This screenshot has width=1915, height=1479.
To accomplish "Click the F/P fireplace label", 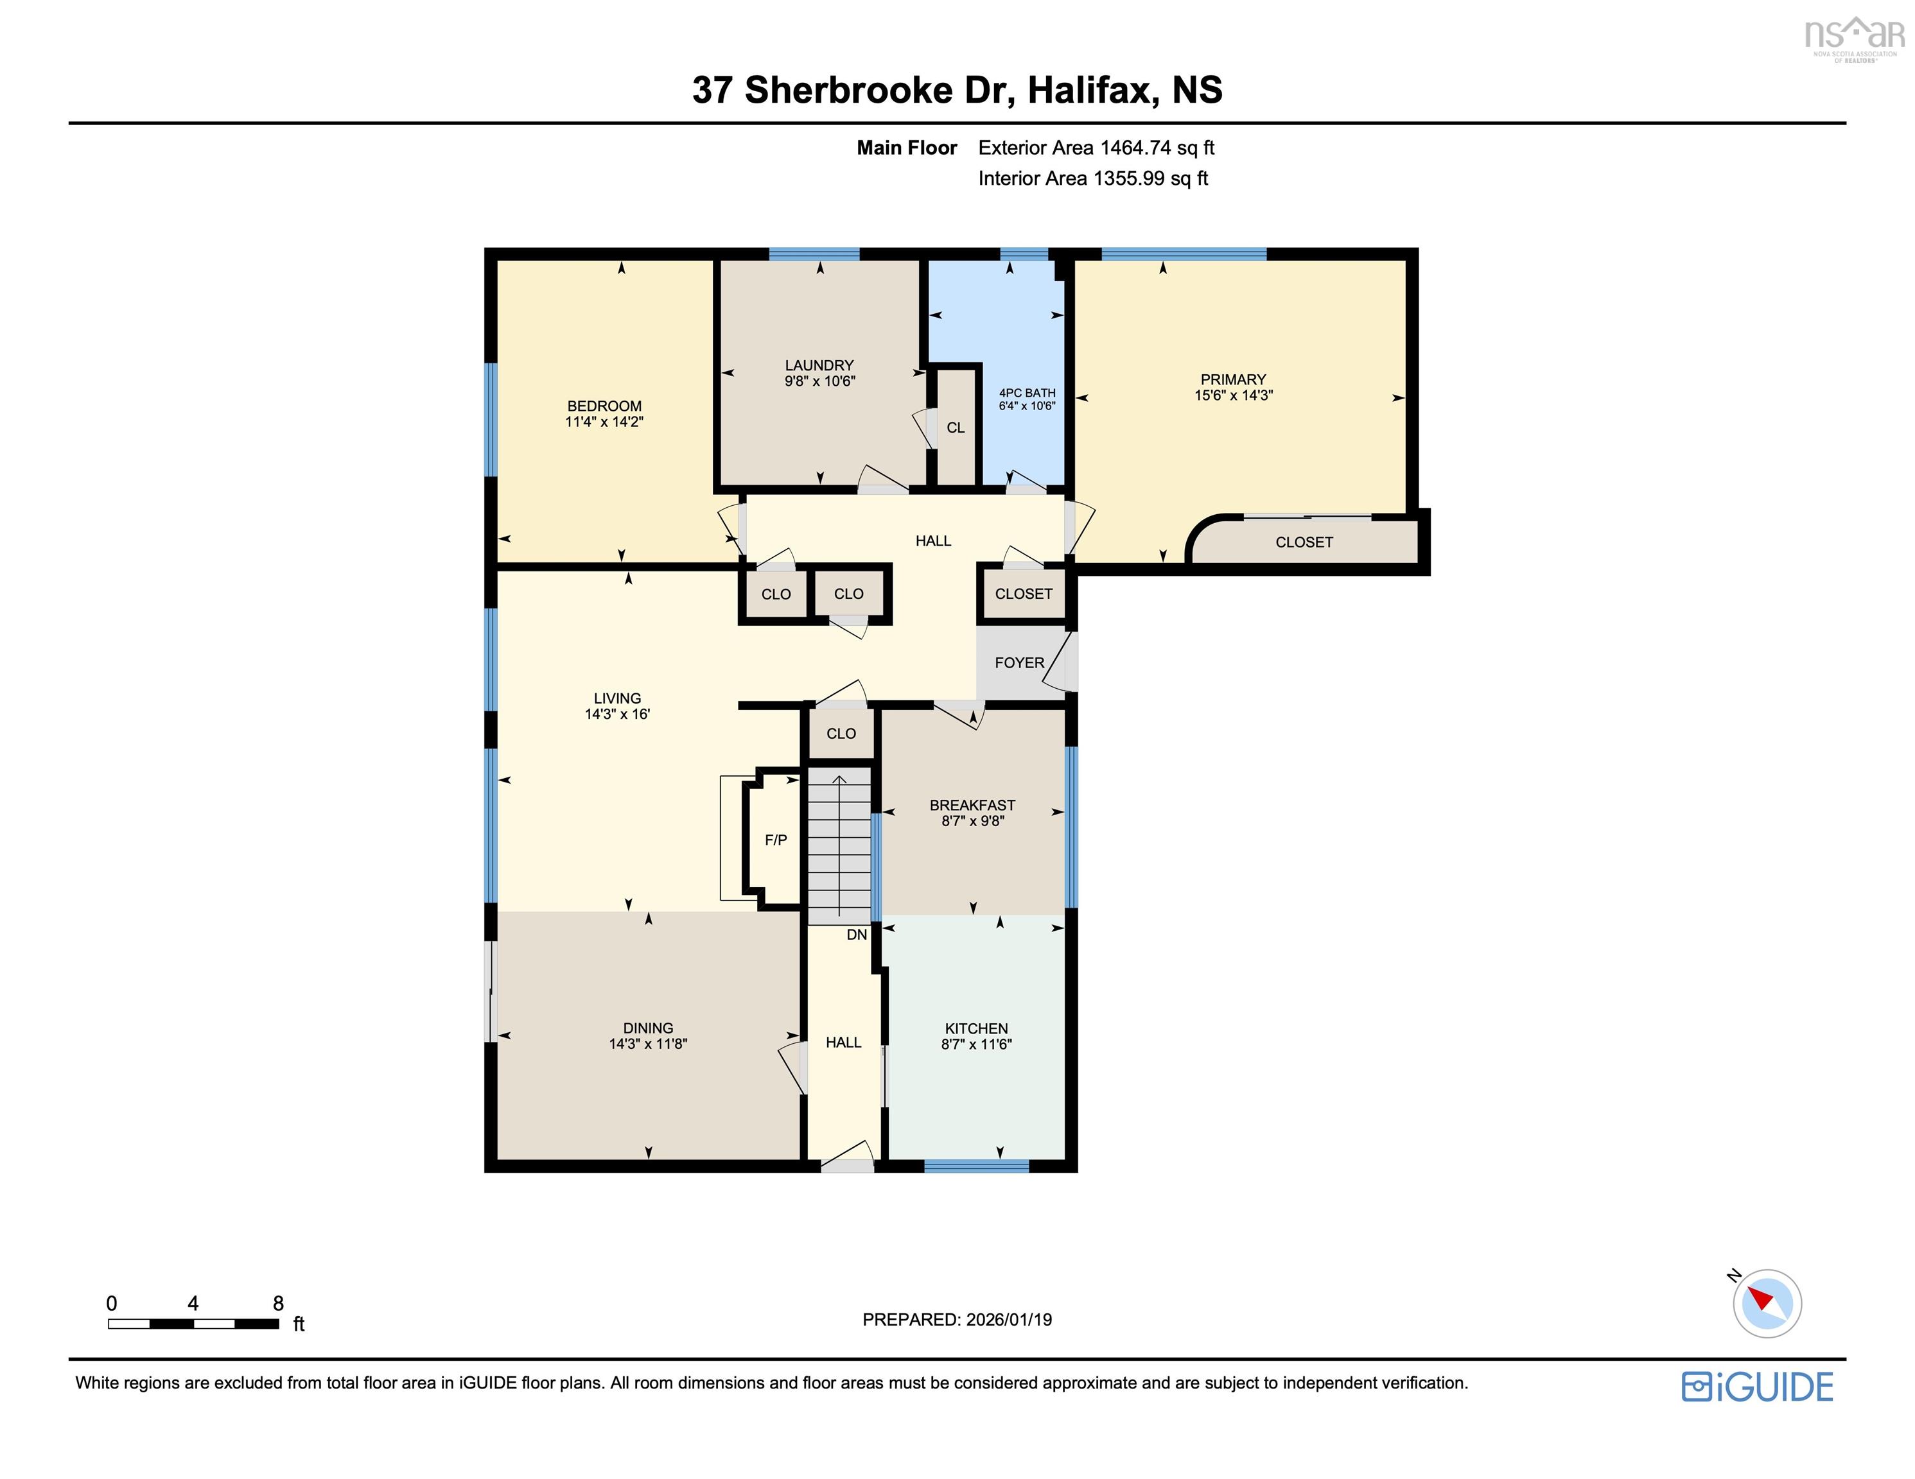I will pyautogui.click(x=775, y=840).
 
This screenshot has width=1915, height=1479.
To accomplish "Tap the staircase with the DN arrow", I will pyautogui.click(x=839, y=846).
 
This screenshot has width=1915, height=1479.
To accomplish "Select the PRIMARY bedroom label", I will pyautogui.click(x=1233, y=379).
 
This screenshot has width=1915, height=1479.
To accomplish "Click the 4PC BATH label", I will pyautogui.click(x=1027, y=393).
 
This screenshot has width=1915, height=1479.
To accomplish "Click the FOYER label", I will pyautogui.click(x=1019, y=662).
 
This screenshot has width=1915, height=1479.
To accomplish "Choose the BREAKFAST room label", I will pyautogui.click(x=972, y=805).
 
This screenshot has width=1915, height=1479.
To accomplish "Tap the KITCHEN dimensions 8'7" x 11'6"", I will pyautogui.click(x=976, y=1044).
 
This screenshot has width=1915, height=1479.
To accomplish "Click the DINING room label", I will pyautogui.click(x=648, y=1028).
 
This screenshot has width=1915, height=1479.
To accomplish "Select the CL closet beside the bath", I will pyautogui.click(x=956, y=428).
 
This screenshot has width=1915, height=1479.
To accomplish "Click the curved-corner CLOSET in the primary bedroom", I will pyautogui.click(x=1304, y=542).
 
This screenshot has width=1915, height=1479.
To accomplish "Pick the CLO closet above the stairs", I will pyautogui.click(x=840, y=734).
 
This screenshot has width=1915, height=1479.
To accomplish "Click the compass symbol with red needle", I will pyautogui.click(x=1766, y=1302).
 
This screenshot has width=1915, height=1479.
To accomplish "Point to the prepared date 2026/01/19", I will pyautogui.click(x=1008, y=1319).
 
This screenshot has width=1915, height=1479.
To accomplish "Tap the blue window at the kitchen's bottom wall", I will pyautogui.click(x=976, y=1166).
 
